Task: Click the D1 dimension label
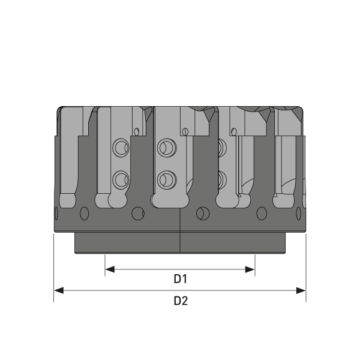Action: [x=181, y=279]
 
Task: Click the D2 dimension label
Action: [x=181, y=301]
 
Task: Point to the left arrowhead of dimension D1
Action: [x=109, y=270]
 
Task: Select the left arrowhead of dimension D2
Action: [x=58, y=290]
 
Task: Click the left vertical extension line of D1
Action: [x=105, y=264]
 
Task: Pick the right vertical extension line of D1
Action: [x=255, y=264]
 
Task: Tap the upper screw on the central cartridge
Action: [x=164, y=146]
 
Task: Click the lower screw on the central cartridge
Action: [x=164, y=178]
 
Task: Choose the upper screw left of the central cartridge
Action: [x=121, y=147]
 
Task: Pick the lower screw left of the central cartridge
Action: [x=121, y=178]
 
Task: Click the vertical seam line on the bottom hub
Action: [x=181, y=243]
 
